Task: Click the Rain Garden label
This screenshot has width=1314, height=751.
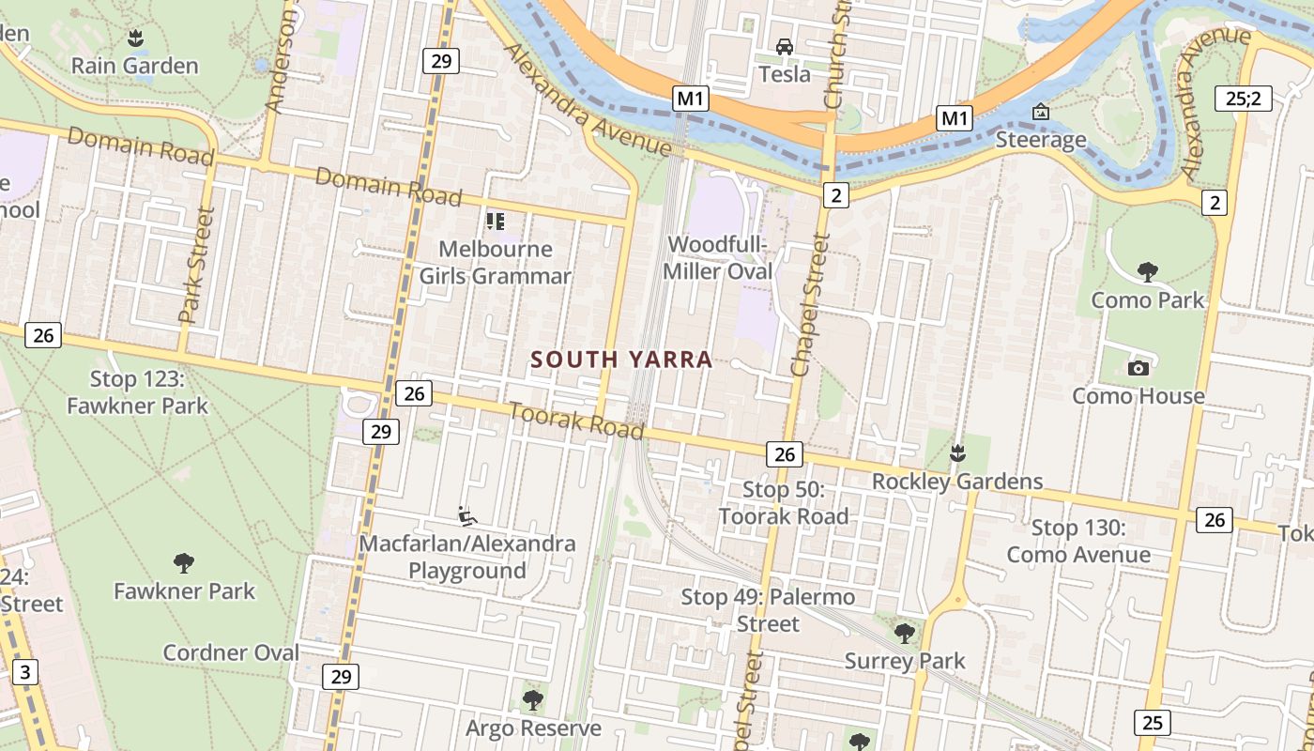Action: point(135,66)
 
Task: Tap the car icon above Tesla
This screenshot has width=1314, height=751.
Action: point(784,46)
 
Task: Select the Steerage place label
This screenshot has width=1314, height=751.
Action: point(1041,140)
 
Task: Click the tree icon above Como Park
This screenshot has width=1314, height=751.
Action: point(1147,272)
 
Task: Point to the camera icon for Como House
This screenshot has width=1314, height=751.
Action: point(1138,368)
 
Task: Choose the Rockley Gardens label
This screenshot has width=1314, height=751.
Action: point(957,482)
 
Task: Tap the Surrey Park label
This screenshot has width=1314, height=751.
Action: point(905,661)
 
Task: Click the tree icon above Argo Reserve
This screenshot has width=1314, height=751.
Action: point(533,699)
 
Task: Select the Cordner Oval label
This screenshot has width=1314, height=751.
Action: point(231,652)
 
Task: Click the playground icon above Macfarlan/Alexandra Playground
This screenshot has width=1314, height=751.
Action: point(466,516)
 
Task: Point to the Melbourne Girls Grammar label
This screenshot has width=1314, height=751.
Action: point(495,263)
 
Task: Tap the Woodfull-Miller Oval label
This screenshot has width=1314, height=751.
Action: point(719,258)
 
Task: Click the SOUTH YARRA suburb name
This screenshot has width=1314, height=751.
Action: point(621,360)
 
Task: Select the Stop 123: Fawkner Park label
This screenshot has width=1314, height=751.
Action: point(137,392)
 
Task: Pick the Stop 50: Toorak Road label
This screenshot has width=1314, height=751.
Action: point(784,502)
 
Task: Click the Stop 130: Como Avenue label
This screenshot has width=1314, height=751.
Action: point(1078,542)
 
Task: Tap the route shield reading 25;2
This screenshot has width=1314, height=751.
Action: point(1244,98)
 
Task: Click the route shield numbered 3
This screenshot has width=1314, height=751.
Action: point(25,672)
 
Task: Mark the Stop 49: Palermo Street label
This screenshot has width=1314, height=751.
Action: point(768,610)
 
